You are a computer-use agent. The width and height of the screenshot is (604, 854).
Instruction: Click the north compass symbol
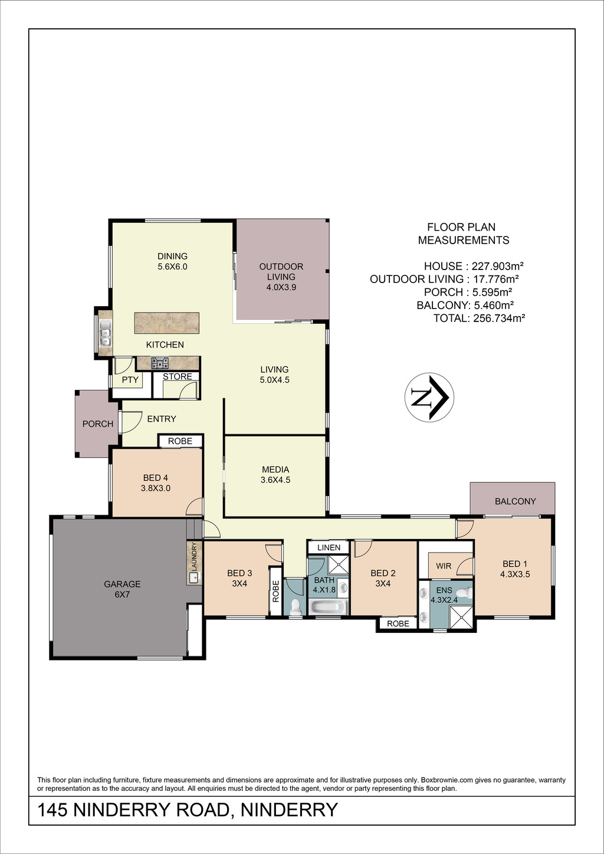coord(429,397)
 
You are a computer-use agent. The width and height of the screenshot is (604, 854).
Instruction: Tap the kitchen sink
coord(104,333)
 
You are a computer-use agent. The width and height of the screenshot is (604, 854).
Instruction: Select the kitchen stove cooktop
coord(160,363)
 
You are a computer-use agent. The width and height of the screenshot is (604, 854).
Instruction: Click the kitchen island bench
coord(167,323)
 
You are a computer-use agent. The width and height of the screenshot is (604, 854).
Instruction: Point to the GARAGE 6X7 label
coord(123,589)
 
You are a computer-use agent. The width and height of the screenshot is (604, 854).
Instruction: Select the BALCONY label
coord(515,501)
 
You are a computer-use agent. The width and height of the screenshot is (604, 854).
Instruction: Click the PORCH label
coord(98,424)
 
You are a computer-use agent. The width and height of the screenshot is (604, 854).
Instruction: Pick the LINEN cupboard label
coord(329,547)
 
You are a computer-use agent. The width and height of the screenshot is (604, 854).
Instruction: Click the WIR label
coord(444,566)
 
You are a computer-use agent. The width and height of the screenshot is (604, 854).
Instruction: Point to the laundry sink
coord(194,577)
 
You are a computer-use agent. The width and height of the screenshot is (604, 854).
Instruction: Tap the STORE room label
coord(178,377)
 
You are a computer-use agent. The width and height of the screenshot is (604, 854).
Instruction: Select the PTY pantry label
coord(130,380)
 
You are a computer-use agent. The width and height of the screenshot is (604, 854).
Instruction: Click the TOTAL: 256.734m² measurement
coord(480,318)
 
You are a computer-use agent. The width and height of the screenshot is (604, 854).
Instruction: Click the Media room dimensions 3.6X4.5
coord(275,480)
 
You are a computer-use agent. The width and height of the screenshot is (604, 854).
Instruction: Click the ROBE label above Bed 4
coord(180,441)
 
